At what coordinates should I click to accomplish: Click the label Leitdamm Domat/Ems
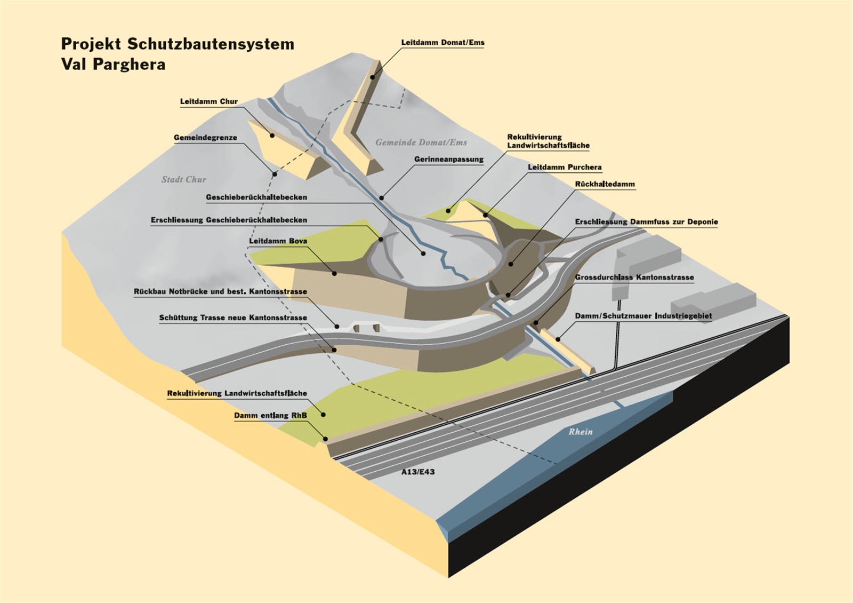[442, 43]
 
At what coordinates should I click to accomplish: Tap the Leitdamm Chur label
[208, 101]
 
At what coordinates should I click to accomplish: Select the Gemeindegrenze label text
[205, 138]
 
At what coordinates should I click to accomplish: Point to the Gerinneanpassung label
[448, 160]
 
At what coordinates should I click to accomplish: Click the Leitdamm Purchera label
[565, 168]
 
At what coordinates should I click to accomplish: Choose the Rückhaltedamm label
[605, 185]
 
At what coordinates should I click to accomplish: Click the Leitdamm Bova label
[278, 241]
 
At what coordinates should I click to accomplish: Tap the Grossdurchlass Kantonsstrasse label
[634, 277]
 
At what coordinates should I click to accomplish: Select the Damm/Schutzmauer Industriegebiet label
[643, 316]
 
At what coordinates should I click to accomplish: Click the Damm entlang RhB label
[270, 416]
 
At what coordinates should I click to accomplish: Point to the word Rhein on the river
[580, 432]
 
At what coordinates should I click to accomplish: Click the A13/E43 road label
[418, 472]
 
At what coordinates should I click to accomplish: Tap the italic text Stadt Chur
[183, 180]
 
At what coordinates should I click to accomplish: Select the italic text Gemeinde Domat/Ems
[421, 142]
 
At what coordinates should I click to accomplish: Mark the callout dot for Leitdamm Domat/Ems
[373, 77]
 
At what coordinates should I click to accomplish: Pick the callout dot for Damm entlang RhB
[325, 439]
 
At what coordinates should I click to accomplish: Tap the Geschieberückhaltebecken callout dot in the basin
[423, 253]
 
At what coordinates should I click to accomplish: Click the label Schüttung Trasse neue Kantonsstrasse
[232, 318]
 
